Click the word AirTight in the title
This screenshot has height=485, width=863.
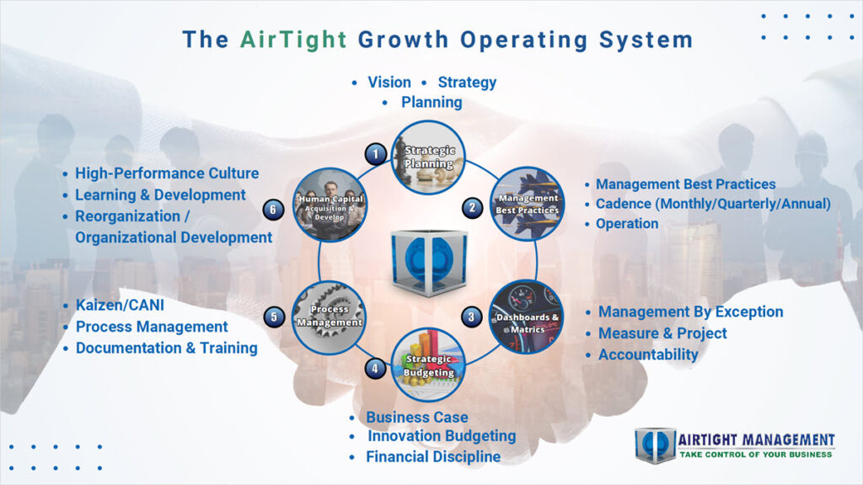coord(293,39)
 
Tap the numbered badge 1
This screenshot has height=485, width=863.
coord(376,153)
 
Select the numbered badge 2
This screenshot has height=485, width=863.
coord(472,206)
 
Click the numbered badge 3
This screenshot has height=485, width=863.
coord(472,317)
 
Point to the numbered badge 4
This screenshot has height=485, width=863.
coord(376,367)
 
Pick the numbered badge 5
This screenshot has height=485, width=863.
coord(274,317)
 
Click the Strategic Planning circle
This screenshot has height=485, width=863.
coord(429,157)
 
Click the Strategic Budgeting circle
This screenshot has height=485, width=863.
coord(428,365)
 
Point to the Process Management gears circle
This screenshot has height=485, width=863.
coord(330,316)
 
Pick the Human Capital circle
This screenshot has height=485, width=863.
coord(330,204)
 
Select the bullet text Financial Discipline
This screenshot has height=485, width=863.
coord(432,457)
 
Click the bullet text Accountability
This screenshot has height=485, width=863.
coord(647,354)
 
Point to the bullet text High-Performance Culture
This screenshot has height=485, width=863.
coord(167,173)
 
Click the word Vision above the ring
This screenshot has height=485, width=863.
coord(389,83)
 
